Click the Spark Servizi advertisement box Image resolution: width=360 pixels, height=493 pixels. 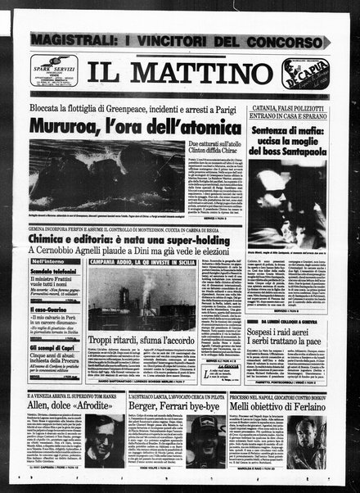[x=56, y=72]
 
